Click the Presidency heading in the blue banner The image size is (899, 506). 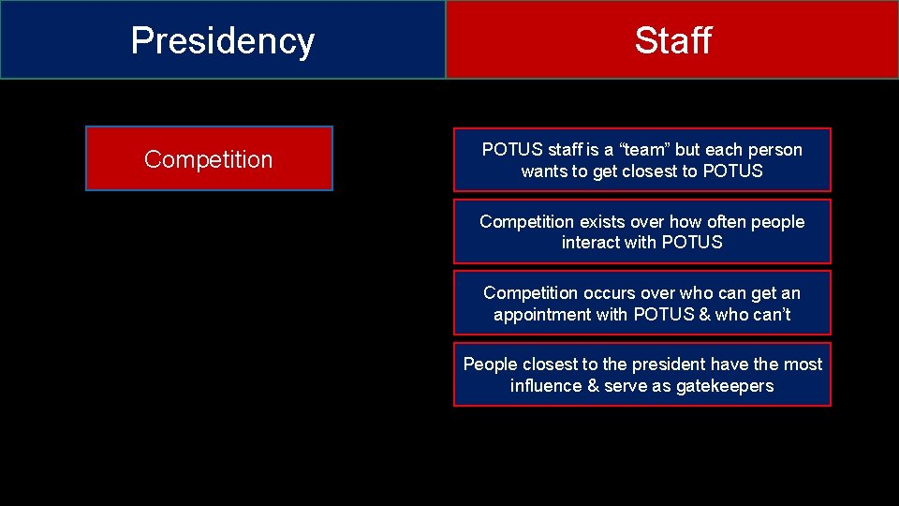223,40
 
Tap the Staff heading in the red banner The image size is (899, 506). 672,40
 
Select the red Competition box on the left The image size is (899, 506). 209,159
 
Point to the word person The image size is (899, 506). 776,150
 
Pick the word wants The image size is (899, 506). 543,171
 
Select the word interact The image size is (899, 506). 591,243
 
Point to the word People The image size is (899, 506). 490,365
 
